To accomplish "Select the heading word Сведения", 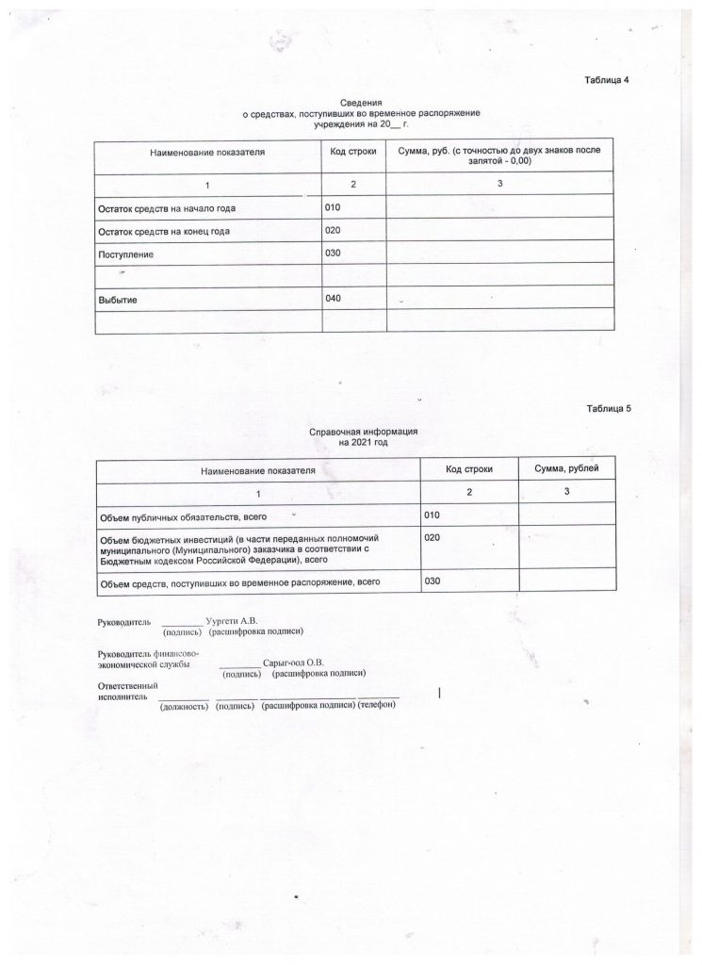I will [x=362, y=101].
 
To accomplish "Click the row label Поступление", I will [x=125, y=254].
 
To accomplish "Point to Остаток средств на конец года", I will [x=164, y=231].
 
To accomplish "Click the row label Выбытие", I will [x=119, y=300].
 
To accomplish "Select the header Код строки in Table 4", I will [x=353, y=151].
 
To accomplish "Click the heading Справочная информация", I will [x=363, y=431].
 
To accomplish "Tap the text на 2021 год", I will [x=363, y=441].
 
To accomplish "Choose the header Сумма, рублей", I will [x=560, y=468].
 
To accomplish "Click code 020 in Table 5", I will [x=433, y=537].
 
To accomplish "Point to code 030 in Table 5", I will [x=433, y=581].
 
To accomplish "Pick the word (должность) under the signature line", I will [x=184, y=707].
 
